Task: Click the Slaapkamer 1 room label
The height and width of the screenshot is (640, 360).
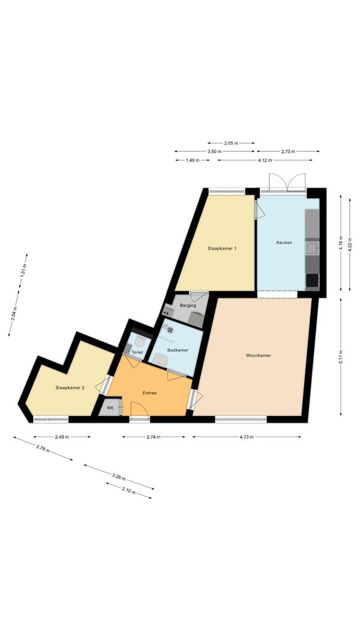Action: tap(222, 248)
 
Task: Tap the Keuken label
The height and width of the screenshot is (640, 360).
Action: tap(284, 243)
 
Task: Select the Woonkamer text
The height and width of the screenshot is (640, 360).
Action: tap(259, 355)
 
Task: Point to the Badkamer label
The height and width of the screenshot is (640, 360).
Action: tap(178, 350)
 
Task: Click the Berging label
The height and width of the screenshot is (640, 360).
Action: tap(188, 306)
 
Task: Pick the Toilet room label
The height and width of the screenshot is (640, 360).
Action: tap(137, 352)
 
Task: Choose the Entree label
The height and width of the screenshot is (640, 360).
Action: tap(149, 393)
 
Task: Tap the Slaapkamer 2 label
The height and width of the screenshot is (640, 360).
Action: tap(70, 388)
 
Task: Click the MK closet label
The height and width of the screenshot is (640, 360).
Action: tap(110, 408)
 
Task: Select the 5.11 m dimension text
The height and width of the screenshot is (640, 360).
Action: tap(341, 357)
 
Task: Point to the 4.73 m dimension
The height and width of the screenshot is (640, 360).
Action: tap(247, 436)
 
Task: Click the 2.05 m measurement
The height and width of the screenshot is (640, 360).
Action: tap(231, 143)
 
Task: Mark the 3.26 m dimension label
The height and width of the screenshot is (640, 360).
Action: tap(119, 477)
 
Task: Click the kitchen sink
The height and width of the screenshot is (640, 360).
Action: tap(312, 248)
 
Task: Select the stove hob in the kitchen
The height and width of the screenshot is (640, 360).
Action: tap(312, 280)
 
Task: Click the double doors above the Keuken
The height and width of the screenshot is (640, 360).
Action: tap(287, 182)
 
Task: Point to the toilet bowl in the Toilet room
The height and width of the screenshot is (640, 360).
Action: tap(140, 341)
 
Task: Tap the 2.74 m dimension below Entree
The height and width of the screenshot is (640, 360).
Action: tap(153, 436)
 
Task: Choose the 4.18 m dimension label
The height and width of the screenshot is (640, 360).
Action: tap(341, 243)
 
